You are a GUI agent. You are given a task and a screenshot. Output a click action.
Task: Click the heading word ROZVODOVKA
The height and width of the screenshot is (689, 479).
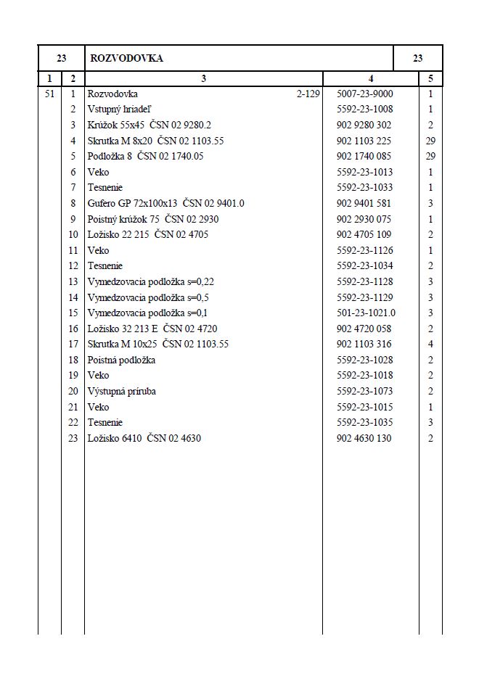[x=126, y=59]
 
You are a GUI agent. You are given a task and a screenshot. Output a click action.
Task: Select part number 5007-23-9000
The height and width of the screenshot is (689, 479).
[x=365, y=94]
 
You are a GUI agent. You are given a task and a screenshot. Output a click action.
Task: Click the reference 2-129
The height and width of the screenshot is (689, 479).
[x=308, y=94]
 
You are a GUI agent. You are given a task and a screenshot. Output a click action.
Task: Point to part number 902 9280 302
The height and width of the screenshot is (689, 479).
[x=364, y=125]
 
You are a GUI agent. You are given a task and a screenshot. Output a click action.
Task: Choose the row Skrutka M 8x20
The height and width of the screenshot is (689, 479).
[x=155, y=141]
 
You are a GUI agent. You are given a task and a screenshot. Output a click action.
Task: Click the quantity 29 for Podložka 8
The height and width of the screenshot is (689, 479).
[x=430, y=157]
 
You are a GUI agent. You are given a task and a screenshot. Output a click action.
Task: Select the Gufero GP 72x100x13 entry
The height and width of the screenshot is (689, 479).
[x=165, y=204]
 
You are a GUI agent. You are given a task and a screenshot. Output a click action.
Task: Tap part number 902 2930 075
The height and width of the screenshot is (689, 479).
[x=364, y=219]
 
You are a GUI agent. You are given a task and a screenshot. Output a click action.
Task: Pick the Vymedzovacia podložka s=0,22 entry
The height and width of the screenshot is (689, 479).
[x=150, y=281]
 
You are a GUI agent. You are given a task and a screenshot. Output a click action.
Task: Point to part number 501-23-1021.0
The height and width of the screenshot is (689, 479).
[x=367, y=313]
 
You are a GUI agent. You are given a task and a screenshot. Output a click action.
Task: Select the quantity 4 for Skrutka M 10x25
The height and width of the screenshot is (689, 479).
[x=430, y=344]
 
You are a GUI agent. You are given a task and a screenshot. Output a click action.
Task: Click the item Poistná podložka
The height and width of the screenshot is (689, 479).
[x=121, y=360]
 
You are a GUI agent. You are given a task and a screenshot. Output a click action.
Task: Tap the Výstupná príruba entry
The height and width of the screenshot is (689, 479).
[x=121, y=392]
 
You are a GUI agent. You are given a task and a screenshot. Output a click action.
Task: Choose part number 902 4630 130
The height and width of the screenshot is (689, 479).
[x=364, y=439]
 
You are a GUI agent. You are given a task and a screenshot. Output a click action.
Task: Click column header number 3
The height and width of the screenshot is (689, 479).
[x=203, y=78]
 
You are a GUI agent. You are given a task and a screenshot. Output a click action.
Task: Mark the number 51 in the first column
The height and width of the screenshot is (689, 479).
[x=49, y=94]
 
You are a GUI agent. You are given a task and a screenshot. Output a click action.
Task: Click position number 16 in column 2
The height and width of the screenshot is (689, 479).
[x=73, y=329]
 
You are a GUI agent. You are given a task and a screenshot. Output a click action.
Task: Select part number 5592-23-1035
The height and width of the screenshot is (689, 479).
[x=365, y=423]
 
